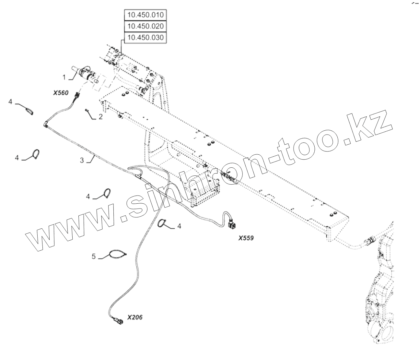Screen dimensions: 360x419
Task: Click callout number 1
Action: tap(64, 77)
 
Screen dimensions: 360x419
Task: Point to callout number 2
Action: tap(100, 117)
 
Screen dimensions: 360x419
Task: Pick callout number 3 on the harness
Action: tap(82, 160)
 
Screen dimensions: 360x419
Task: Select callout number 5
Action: tap(94, 257)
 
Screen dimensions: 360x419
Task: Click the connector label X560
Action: tap(61, 93)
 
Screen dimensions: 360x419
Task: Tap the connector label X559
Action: tap(246, 238)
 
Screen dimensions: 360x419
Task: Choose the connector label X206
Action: tap(134, 317)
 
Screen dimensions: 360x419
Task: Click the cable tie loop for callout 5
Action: tap(116, 254)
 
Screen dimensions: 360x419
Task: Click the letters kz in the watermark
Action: tap(369, 127)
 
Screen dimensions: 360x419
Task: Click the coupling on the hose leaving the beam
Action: tap(370, 242)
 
